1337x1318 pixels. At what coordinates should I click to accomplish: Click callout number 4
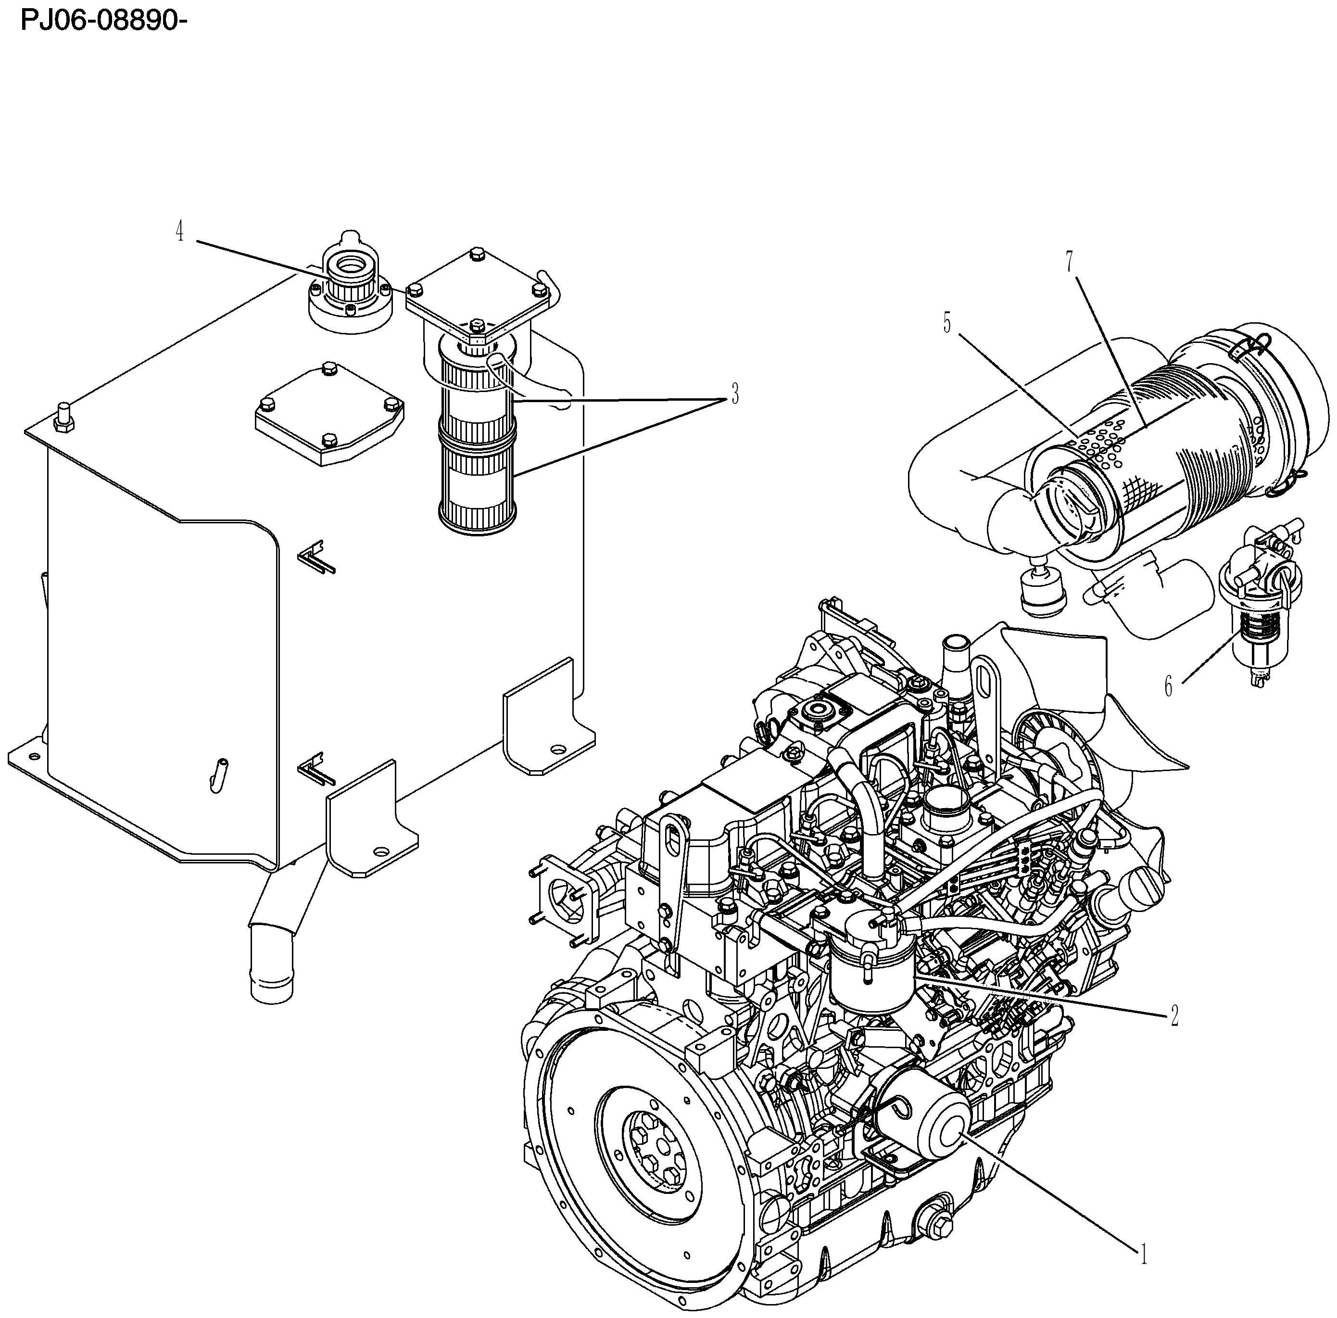tap(180, 233)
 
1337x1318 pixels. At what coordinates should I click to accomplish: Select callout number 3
tap(734, 395)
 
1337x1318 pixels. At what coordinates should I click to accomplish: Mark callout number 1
tap(1144, 1255)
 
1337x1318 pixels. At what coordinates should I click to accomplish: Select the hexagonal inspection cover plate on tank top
tap(330, 413)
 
